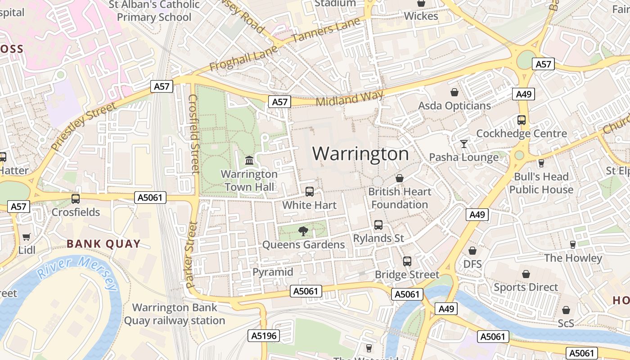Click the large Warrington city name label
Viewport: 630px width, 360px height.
click(360, 154)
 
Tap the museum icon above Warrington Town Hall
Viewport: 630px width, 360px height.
click(249, 160)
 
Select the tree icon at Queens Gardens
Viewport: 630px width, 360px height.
click(303, 231)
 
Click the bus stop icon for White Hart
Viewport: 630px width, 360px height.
click(310, 192)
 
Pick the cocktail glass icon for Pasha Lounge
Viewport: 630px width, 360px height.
click(463, 144)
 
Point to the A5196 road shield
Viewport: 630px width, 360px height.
click(264, 335)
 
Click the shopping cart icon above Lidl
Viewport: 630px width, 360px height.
click(26, 237)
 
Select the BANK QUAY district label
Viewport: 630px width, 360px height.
click(103, 244)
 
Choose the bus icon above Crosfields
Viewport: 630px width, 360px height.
click(76, 198)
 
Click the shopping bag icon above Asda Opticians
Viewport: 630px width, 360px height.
click(454, 92)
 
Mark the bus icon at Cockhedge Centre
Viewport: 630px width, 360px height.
click(522, 120)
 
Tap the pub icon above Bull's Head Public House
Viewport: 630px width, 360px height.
click(541, 163)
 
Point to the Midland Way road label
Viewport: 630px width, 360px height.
click(349, 98)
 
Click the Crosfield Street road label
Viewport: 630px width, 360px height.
click(193, 134)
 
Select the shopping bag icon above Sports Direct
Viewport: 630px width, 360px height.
click(526, 274)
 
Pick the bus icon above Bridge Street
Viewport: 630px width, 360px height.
click(407, 261)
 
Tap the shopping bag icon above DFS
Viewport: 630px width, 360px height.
click(472, 251)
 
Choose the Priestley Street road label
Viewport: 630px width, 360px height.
click(83, 127)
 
